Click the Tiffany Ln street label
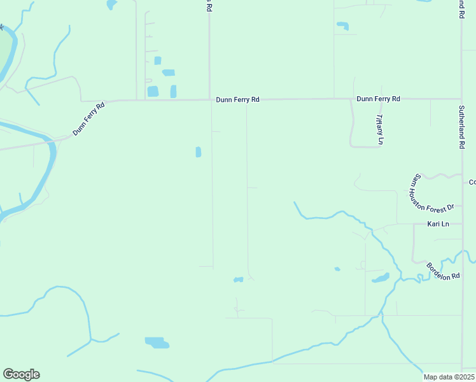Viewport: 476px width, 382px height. click(379, 129)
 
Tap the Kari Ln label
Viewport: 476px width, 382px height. click(438, 224)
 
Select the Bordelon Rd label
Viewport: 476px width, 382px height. click(443, 272)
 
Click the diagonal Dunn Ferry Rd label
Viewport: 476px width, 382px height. click(88, 118)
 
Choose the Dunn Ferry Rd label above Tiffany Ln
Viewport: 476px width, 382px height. click(378, 99)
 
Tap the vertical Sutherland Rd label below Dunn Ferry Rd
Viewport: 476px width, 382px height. click(462, 127)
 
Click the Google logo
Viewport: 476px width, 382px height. click(21, 374)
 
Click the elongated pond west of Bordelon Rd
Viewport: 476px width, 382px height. click(381, 278)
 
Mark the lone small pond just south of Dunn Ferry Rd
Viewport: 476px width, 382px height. click(199, 152)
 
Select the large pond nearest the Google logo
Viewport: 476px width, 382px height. click(157, 343)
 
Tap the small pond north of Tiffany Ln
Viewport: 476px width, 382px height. click(342, 26)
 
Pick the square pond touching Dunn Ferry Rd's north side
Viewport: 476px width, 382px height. click(153, 92)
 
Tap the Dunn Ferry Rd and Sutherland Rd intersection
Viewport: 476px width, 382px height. click(461, 99)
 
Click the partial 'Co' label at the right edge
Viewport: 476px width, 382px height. click(472, 182)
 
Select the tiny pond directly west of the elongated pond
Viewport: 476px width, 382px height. click(337, 269)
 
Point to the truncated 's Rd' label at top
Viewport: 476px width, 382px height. click(209, 6)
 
